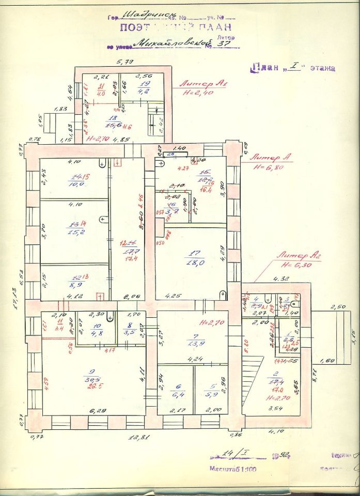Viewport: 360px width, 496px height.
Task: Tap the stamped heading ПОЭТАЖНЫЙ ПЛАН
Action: pyautogui.click(x=176, y=27)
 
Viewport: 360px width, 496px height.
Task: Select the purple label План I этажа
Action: pyautogui.click(x=293, y=68)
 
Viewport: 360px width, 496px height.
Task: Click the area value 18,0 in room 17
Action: pyautogui.click(x=191, y=262)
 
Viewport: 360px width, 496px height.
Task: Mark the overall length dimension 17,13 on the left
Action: pyautogui.click(x=15, y=300)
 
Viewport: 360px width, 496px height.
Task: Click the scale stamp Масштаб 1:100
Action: pyautogui.click(x=232, y=470)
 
